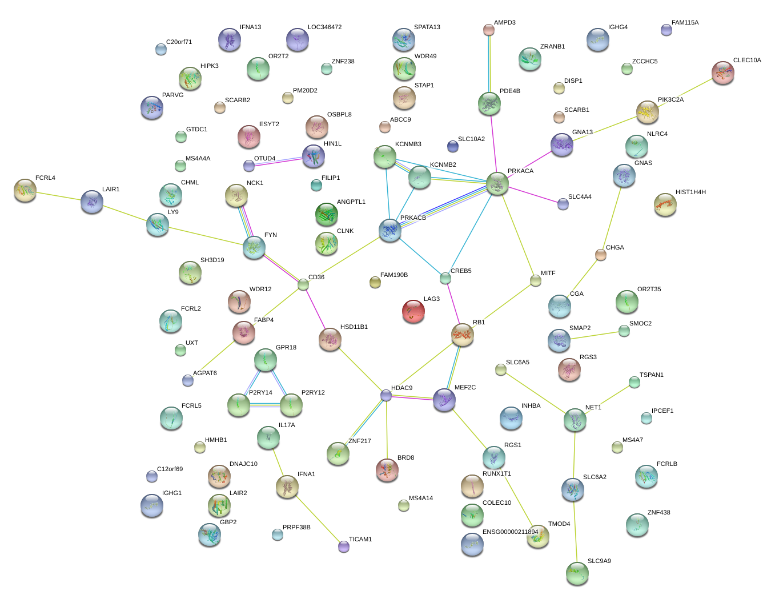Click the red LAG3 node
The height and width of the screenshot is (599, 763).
pyautogui.click(x=413, y=311)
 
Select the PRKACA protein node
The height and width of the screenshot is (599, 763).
pyautogui.click(x=497, y=183)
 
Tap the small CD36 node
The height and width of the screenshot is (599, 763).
pyautogui.click(x=303, y=284)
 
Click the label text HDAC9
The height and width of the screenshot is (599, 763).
pyautogui.click(x=401, y=388)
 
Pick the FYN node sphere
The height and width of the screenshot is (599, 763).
pyautogui.click(x=254, y=247)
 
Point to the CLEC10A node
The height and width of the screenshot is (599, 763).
pyautogui.click(x=723, y=73)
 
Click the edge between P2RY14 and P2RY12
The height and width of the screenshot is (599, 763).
pyautogui.click(x=265, y=405)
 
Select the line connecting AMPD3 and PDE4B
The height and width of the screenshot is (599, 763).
pyautogui.click(x=489, y=63)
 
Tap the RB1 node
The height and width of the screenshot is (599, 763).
pyautogui.click(x=462, y=335)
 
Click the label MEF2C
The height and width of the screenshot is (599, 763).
pyautogui.click(x=465, y=388)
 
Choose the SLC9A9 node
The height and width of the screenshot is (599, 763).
pyautogui.click(x=577, y=573)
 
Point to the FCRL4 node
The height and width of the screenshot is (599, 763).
pyautogui.click(x=25, y=190)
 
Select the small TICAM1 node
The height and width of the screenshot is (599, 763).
pyautogui.click(x=343, y=546)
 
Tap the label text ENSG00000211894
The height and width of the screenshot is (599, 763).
pyautogui.click(x=510, y=532)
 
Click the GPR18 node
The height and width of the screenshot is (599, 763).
pyautogui.click(x=266, y=360)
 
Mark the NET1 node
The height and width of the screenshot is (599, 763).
pyautogui.click(x=575, y=420)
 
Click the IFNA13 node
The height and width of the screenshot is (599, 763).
pyautogui.click(x=230, y=39)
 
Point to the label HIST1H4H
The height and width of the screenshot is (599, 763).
pyautogui.click(x=690, y=192)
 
